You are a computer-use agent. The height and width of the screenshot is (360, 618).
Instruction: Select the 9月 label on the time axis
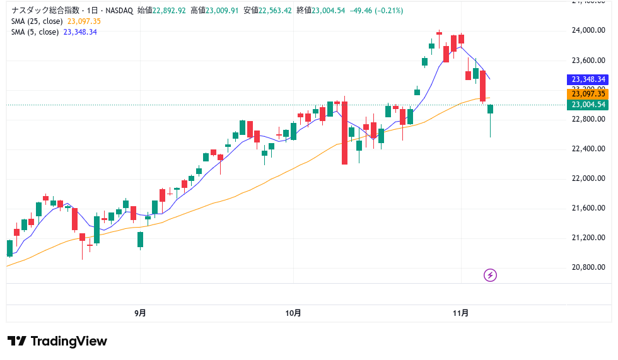coord(140,313)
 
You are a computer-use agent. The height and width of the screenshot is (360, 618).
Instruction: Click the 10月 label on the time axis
coord(293,313)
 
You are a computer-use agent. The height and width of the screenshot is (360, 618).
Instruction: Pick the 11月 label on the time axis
coord(461,313)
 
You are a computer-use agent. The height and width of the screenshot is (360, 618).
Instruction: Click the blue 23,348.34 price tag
coord(588,79)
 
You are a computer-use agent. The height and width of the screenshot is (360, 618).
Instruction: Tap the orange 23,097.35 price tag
coord(588,93)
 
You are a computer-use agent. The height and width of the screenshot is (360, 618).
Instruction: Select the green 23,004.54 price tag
coord(588,105)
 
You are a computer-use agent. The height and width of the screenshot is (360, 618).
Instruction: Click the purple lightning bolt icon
coord(490,275)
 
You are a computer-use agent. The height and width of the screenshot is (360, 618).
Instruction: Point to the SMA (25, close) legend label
coord(37,21)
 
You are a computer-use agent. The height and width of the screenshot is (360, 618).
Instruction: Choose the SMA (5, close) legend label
coord(35,32)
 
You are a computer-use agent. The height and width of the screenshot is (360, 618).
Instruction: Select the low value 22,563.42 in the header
coord(272,11)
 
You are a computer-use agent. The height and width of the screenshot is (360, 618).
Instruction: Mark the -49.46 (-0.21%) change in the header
coord(375,11)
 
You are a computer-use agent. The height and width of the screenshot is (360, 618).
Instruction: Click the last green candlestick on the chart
coord(490,109)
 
